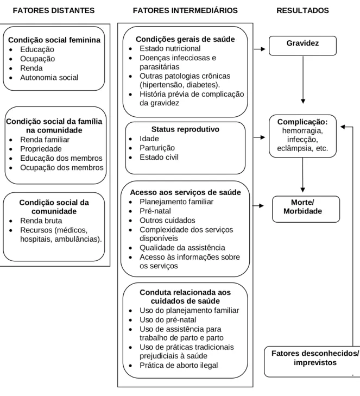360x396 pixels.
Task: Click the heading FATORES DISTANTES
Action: (x=54, y=10)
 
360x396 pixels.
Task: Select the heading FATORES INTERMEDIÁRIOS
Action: (x=185, y=10)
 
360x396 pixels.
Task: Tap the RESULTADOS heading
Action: (x=302, y=10)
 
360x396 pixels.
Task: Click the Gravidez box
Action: (x=302, y=46)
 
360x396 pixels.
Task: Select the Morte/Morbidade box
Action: (x=306, y=209)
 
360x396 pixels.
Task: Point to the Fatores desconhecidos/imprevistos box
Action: (x=312, y=362)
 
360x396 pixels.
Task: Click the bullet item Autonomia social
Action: (x=49, y=78)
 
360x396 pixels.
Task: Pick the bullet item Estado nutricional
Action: (x=170, y=48)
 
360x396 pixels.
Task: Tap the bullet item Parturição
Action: (x=157, y=148)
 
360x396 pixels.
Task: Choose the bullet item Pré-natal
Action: (x=155, y=211)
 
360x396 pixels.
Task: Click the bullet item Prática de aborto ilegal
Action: (x=179, y=365)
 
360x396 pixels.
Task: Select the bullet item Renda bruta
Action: (x=41, y=221)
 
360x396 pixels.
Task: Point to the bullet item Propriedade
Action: (x=41, y=149)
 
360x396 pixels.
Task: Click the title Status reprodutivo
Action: (x=185, y=129)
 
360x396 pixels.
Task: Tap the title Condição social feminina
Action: (x=54, y=40)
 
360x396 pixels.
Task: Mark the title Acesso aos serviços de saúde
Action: (x=185, y=192)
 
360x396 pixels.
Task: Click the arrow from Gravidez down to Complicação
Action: (x=303, y=79)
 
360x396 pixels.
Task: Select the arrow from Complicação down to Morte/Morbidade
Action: (x=302, y=175)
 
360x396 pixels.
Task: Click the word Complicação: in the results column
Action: (x=302, y=122)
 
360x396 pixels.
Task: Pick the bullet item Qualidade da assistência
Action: (x=182, y=248)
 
